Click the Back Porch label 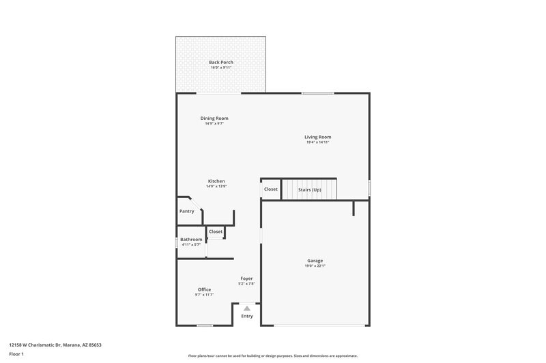(221, 62)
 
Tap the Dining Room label (214, 118)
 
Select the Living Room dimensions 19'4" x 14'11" (317, 142)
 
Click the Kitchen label (216, 181)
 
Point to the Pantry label (186, 211)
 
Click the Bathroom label (191, 239)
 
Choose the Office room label (204, 289)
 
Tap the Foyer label (246, 279)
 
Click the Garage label (315, 261)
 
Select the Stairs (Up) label (310, 189)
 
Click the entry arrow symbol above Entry (247, 308)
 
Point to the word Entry (247, 316)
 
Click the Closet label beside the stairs (271, 189)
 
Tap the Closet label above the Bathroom (216, 232)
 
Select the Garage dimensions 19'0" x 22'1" (315, 266)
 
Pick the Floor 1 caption (16, 355)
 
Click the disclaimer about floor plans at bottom (273, 356)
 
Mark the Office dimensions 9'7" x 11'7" (204, 295)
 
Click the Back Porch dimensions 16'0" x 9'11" (221, 67)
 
